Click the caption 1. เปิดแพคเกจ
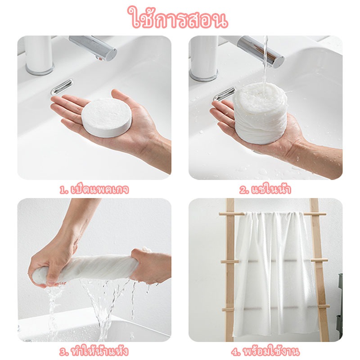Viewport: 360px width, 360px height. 94,189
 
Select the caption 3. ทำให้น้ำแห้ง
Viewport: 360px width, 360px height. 94,351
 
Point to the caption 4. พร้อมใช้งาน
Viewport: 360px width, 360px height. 265,351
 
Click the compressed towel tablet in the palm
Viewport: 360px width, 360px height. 107,117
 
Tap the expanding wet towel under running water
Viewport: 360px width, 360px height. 260,113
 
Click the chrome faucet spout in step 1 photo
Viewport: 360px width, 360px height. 93,48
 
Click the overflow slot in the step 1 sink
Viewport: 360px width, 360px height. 62,87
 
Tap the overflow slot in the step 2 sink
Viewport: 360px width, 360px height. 224,94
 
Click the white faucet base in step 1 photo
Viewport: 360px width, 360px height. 39,55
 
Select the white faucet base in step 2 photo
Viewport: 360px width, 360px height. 204,58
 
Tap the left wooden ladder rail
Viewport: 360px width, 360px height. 230,270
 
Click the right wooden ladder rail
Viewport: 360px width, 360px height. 319,270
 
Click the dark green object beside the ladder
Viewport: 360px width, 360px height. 340,303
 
